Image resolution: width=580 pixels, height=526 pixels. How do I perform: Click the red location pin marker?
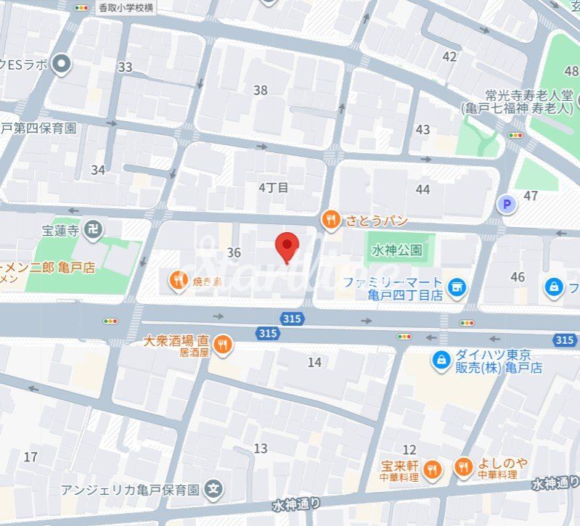(x=288, y=247)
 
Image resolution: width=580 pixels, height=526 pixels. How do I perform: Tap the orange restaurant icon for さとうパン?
(x=331, y=220)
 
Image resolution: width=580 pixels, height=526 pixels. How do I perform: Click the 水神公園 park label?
(x=397, y=250)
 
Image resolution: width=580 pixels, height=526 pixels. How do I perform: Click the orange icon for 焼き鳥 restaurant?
(x=177, y=279)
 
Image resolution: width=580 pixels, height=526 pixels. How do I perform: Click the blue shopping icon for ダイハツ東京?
(x=441, y=358)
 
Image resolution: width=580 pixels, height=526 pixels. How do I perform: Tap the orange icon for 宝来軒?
(x=433, y=469)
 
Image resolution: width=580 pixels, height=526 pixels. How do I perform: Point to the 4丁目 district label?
(x=274, y=187)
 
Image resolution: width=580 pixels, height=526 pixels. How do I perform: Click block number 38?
(x=260, y=91)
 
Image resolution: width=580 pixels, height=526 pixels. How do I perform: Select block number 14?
(x=314, y=362)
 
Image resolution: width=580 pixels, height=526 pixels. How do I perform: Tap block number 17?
(x=30, y=457)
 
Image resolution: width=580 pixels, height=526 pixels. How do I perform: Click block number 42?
(x=449, y=57)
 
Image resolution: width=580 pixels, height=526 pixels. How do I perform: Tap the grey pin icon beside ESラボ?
(x=62, y=65)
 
